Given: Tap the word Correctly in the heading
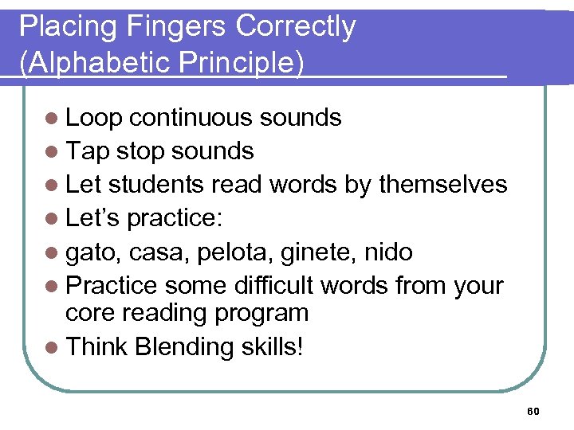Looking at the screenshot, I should [x=296, y=26].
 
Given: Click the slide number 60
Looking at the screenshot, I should [x=533, y=411].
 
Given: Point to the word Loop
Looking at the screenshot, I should [x=93, y=118].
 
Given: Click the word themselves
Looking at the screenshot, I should [x=442, y=185].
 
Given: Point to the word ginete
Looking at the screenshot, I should [x=306, y=252].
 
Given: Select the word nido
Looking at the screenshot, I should [x=387, y=252].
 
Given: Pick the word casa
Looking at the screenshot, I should [x=155, y=252].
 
